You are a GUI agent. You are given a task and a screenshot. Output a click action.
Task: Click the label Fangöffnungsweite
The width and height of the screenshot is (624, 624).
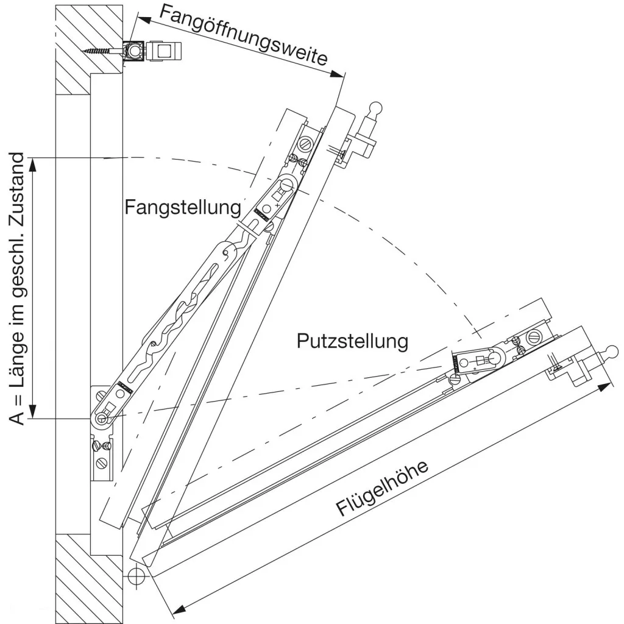pos(244,35)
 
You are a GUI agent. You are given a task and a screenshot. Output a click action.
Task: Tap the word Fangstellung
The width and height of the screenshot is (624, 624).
pos(183,207)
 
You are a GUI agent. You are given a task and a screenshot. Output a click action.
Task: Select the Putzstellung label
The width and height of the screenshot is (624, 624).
pos(353,341)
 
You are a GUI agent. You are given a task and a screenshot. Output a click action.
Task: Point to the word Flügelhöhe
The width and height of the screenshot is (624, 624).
pos(382,488)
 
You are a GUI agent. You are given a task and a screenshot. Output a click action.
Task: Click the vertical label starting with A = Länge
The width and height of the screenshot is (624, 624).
pos(16,288)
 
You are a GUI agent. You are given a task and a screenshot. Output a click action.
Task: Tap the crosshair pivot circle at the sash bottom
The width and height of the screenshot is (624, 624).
pos(136,575)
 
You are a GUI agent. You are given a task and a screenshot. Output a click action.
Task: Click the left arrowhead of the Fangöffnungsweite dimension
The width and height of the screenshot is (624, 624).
pos(144,20)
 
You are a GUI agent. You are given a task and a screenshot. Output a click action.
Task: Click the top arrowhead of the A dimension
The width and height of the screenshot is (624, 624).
pos(33,165)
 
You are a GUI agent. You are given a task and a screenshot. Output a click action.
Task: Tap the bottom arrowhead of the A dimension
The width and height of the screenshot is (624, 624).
pos(33,411)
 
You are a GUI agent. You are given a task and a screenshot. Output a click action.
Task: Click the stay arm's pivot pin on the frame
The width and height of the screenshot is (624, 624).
pos(102,418)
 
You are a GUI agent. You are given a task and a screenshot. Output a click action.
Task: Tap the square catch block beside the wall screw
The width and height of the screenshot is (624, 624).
pos(165,51)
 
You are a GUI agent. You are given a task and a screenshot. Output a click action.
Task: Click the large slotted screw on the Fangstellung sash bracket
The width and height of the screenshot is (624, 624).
pos(306,143)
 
